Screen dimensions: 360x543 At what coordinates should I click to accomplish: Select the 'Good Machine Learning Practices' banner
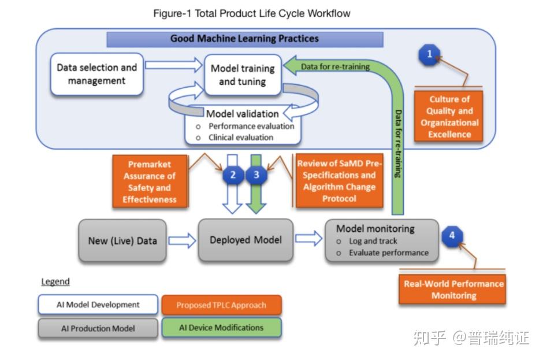[x=244, y=39]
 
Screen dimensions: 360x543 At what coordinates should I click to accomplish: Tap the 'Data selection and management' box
[x=96, y=74]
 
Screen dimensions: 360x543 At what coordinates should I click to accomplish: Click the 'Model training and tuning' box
[x=243, y=75]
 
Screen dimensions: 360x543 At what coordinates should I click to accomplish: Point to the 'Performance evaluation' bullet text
[x=251, y=126]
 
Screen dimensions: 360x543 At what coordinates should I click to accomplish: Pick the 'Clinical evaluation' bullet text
[x=241, y=138]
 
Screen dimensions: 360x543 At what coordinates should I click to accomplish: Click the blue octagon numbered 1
[x=429, y=55]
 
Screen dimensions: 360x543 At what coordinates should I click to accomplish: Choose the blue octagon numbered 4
[x=452, y=236]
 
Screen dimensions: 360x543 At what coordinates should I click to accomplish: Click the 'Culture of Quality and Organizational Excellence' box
[x=449, y=117]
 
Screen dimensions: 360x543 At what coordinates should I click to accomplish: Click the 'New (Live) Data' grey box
[x=122, y=240]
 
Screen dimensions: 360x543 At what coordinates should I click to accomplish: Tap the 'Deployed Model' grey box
[x=246, y=240]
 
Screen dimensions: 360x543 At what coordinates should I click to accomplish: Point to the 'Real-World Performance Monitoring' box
[x=453, y=289]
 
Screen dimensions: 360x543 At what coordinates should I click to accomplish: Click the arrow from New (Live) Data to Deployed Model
[x=181, y=240]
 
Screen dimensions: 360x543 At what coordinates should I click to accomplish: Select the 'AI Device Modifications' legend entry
[x=221, y=328]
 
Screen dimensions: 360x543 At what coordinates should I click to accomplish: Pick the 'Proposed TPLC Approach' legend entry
[x=221, y=305]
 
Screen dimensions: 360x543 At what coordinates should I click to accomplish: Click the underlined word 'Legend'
[x=55, y=281]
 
